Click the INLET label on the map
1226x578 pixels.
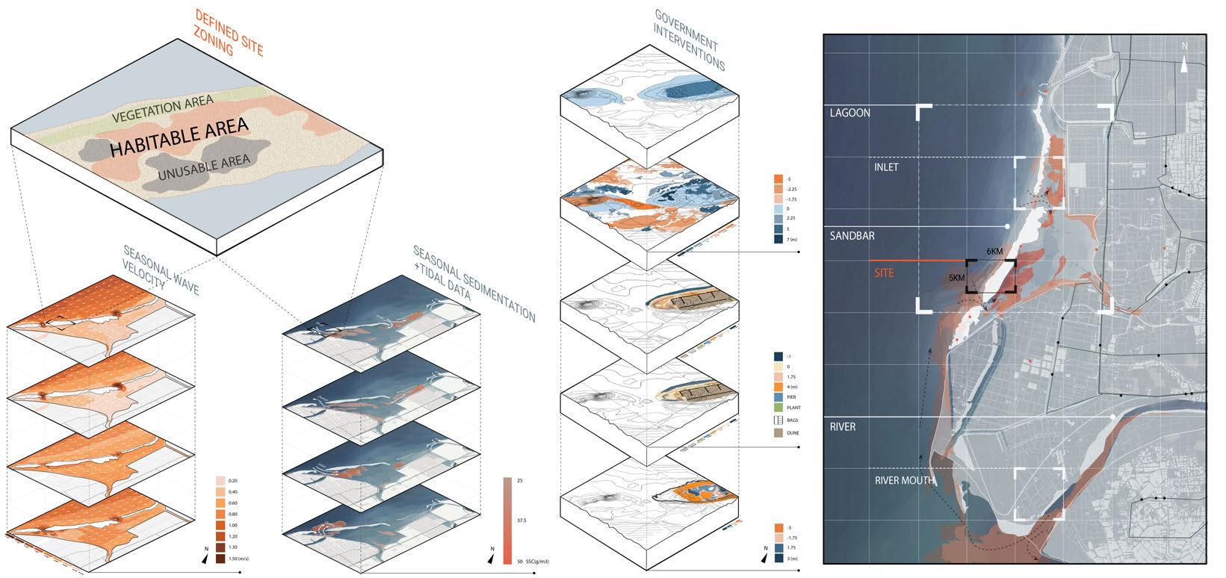pos(886,167)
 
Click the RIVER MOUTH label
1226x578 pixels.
pos(904,480)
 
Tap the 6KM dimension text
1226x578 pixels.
pos(995,252)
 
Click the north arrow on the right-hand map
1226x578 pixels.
pos(1185,63)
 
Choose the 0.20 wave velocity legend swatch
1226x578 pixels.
pos(220,481)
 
